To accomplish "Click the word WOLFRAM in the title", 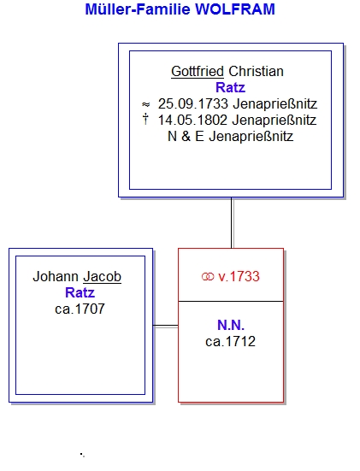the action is click(235, 9).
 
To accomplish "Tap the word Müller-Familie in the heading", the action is click(138, 9).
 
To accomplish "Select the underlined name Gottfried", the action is click(198, 72).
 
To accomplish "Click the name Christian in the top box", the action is click(256, 72).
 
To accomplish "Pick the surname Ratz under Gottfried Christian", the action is click(231, 88).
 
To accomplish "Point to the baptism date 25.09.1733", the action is click(193, 104).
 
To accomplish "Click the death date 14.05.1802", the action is click(192, 121).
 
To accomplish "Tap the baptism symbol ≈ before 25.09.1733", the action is click(145, 104).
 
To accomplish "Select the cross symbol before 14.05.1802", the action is click(145, 119).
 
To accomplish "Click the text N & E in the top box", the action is click(186, 137).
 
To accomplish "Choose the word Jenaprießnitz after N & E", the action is click(251, 137).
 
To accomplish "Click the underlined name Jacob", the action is click(102, 276).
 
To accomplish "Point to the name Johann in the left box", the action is click(56, 276).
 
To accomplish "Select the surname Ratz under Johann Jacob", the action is click(80, 292).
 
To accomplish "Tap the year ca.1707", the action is click(80, 309).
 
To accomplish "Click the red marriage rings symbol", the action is click(208, 276).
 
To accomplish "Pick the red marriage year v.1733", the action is click(239, 276).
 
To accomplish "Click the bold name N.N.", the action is click(231, 325).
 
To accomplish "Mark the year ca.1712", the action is click(231, 341).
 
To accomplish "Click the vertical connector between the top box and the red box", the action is click(232, 222).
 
